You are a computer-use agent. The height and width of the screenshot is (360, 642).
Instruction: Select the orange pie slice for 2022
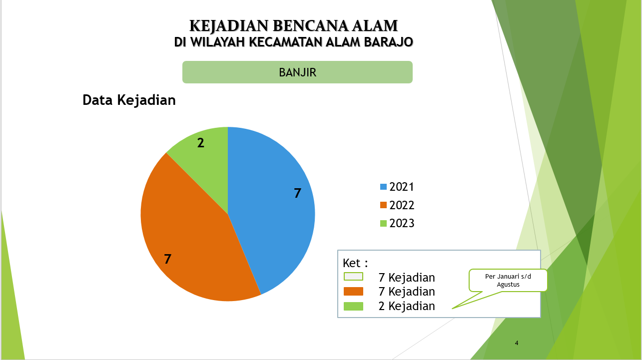(189, 235)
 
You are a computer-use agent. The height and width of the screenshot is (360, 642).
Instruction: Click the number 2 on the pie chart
(201, 143)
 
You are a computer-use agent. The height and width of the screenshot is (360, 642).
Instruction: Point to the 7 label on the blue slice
(297, 193)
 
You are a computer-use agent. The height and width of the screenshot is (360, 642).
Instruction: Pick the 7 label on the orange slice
(168, 259)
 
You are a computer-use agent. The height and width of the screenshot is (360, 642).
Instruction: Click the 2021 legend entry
(397, 187)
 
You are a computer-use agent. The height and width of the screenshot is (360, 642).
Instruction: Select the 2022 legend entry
(397, 205)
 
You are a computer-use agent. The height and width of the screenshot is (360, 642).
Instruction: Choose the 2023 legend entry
(397, 223)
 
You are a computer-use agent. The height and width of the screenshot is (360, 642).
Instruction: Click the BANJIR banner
(297, 72)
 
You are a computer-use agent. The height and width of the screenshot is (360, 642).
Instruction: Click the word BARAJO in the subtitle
(388, 42)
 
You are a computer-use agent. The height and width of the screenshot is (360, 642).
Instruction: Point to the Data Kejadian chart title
(129, 100)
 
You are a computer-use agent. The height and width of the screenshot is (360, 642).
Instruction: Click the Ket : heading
(355, 263)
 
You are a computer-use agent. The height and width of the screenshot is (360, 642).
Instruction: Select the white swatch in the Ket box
(353, 277)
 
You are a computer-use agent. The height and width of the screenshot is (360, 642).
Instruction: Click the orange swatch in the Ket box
(353, 291)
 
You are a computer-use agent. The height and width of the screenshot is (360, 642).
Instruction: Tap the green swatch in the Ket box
(353, 306)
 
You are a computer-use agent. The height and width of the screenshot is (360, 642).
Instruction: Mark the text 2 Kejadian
(407, 306)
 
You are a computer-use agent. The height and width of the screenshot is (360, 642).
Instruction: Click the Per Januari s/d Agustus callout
(508, 281)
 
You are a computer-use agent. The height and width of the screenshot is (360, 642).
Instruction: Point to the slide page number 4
(517, 343)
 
